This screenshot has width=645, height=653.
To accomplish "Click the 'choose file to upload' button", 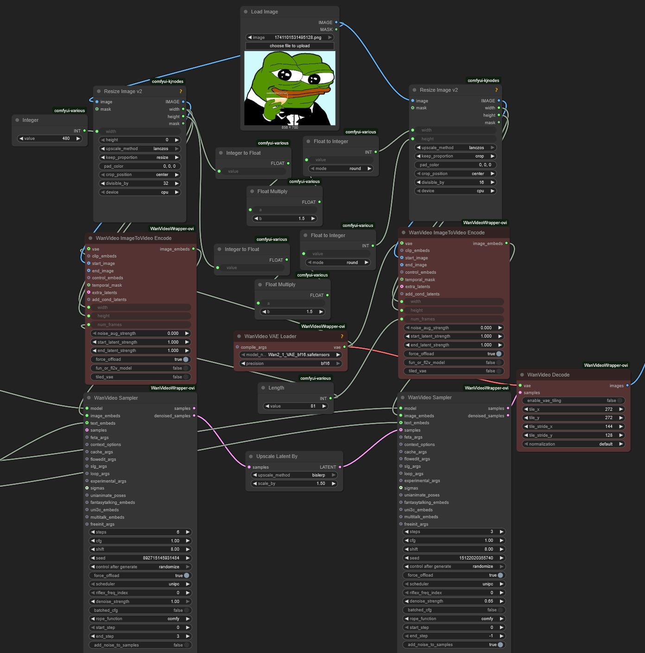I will pos(290,46).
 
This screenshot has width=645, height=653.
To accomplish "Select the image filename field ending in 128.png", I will pos(290,38).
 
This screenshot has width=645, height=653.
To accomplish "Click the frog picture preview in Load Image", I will pos(290,88).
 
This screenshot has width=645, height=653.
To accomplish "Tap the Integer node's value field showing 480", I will pos(50,138).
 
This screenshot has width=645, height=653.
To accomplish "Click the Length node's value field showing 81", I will pos(296,406).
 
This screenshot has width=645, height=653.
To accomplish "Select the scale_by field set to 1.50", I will pos(294,483).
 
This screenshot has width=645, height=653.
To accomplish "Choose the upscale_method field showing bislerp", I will pos(294,475).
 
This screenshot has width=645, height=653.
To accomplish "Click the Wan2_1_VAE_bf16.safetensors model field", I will pos(291,355).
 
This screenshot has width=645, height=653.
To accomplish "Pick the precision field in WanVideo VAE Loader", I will pos(291,364).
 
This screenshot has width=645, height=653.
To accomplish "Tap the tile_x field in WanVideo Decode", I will pos(573,409).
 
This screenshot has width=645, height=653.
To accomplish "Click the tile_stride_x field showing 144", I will pos(573,427).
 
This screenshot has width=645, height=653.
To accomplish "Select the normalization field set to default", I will pos(573,444).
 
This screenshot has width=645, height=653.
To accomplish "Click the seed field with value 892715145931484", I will pos(140,558).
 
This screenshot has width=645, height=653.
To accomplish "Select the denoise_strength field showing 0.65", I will pos(454,601).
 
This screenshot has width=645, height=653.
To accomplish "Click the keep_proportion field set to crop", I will pos(455,157).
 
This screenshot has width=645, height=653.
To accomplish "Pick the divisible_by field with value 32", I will pos(139,183).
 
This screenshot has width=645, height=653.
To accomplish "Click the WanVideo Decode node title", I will pos(548,375).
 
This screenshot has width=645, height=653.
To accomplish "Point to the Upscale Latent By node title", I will pos(277,456).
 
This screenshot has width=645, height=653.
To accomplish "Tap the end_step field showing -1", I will pos(454,636).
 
